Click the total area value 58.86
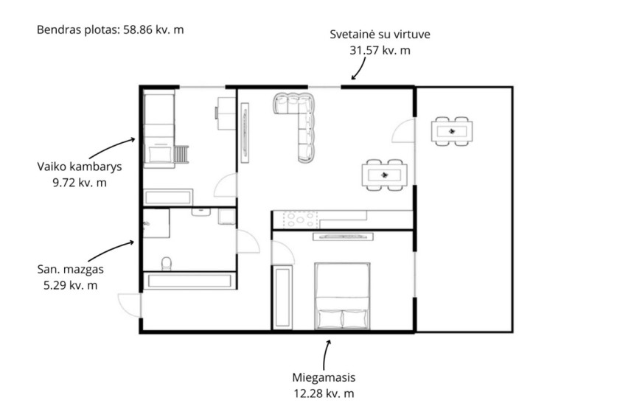pyautogui.click(x=136, y=29)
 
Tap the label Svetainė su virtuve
pyautogui.click(x=380, y=34)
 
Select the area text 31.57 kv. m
pyautogui.click(x=380, y=50)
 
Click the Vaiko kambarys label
pyautogui.click(x=80, y=167)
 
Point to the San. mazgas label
pyautogui.click(x=71, y=269)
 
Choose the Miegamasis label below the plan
pyautogui.click(x=324, y=377)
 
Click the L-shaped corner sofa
pyautogui.click(x=299, y=121)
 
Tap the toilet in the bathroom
pyautogui.click(x=167, y=264)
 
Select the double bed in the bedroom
pyautogui.click(x=343, y=296)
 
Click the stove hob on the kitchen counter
pyautogui.click(x=300, y=220)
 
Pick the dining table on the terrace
pyautogui.click(x=452, y=131)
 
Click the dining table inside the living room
pyautogui.click(x=384, y=175)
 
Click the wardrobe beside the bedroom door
pyautogui.click(x=282, y=297)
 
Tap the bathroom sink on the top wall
pyautogui.click(x=201, y=211)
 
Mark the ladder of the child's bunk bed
pyautogui.click(x=181, y=155)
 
